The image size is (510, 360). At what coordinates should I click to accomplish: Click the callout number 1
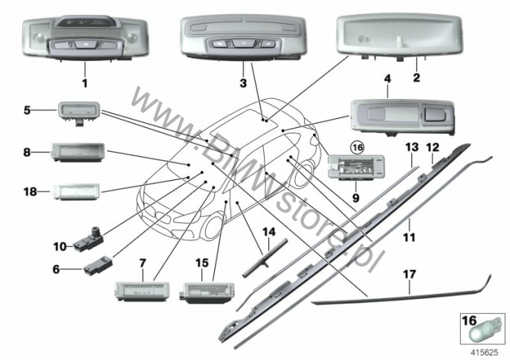[85, 83]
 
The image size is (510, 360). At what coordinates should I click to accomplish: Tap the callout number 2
[416, 77]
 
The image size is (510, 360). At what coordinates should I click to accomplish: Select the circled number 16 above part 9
[358, 148]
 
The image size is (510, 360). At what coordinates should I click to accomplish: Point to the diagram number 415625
[485, 353]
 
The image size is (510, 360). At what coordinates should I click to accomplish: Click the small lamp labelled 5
[79, 112]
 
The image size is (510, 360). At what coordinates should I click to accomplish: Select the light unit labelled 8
[77, 152]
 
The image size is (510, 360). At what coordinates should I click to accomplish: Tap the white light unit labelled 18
[76, 192]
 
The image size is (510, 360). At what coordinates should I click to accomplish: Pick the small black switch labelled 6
[97, 266]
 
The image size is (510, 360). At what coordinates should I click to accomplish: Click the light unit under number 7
[142, 291]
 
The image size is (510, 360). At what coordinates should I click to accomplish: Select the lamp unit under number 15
[207, 292]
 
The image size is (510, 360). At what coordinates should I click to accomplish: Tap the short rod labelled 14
[265, 258]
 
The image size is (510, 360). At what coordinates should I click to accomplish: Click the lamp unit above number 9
[356, 167]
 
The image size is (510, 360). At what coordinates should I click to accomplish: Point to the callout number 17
[409, 274]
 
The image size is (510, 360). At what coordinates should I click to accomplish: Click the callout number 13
[412, 147]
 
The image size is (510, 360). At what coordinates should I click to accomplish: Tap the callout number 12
[433, 147]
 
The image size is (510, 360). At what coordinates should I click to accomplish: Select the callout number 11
[409, 237]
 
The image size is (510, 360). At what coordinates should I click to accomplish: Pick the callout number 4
[387, 79]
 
